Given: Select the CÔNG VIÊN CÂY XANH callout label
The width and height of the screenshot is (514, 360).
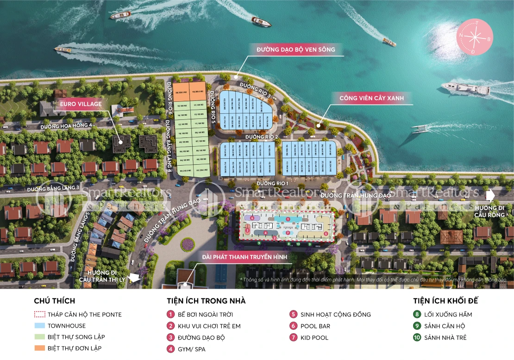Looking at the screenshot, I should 371,98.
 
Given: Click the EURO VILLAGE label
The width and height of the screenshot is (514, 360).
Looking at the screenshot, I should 80,104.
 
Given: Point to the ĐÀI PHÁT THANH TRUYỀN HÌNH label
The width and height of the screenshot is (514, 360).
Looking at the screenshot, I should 244,257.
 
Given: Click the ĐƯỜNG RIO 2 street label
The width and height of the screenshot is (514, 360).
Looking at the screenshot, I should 262,137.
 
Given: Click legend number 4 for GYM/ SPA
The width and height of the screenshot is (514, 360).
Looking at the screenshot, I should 170,349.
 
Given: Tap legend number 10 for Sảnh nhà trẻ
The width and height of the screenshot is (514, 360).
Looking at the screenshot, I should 417,337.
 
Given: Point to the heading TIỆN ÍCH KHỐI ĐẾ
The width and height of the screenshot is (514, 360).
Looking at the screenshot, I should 445,301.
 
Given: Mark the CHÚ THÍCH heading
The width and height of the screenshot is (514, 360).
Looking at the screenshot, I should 54,301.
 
